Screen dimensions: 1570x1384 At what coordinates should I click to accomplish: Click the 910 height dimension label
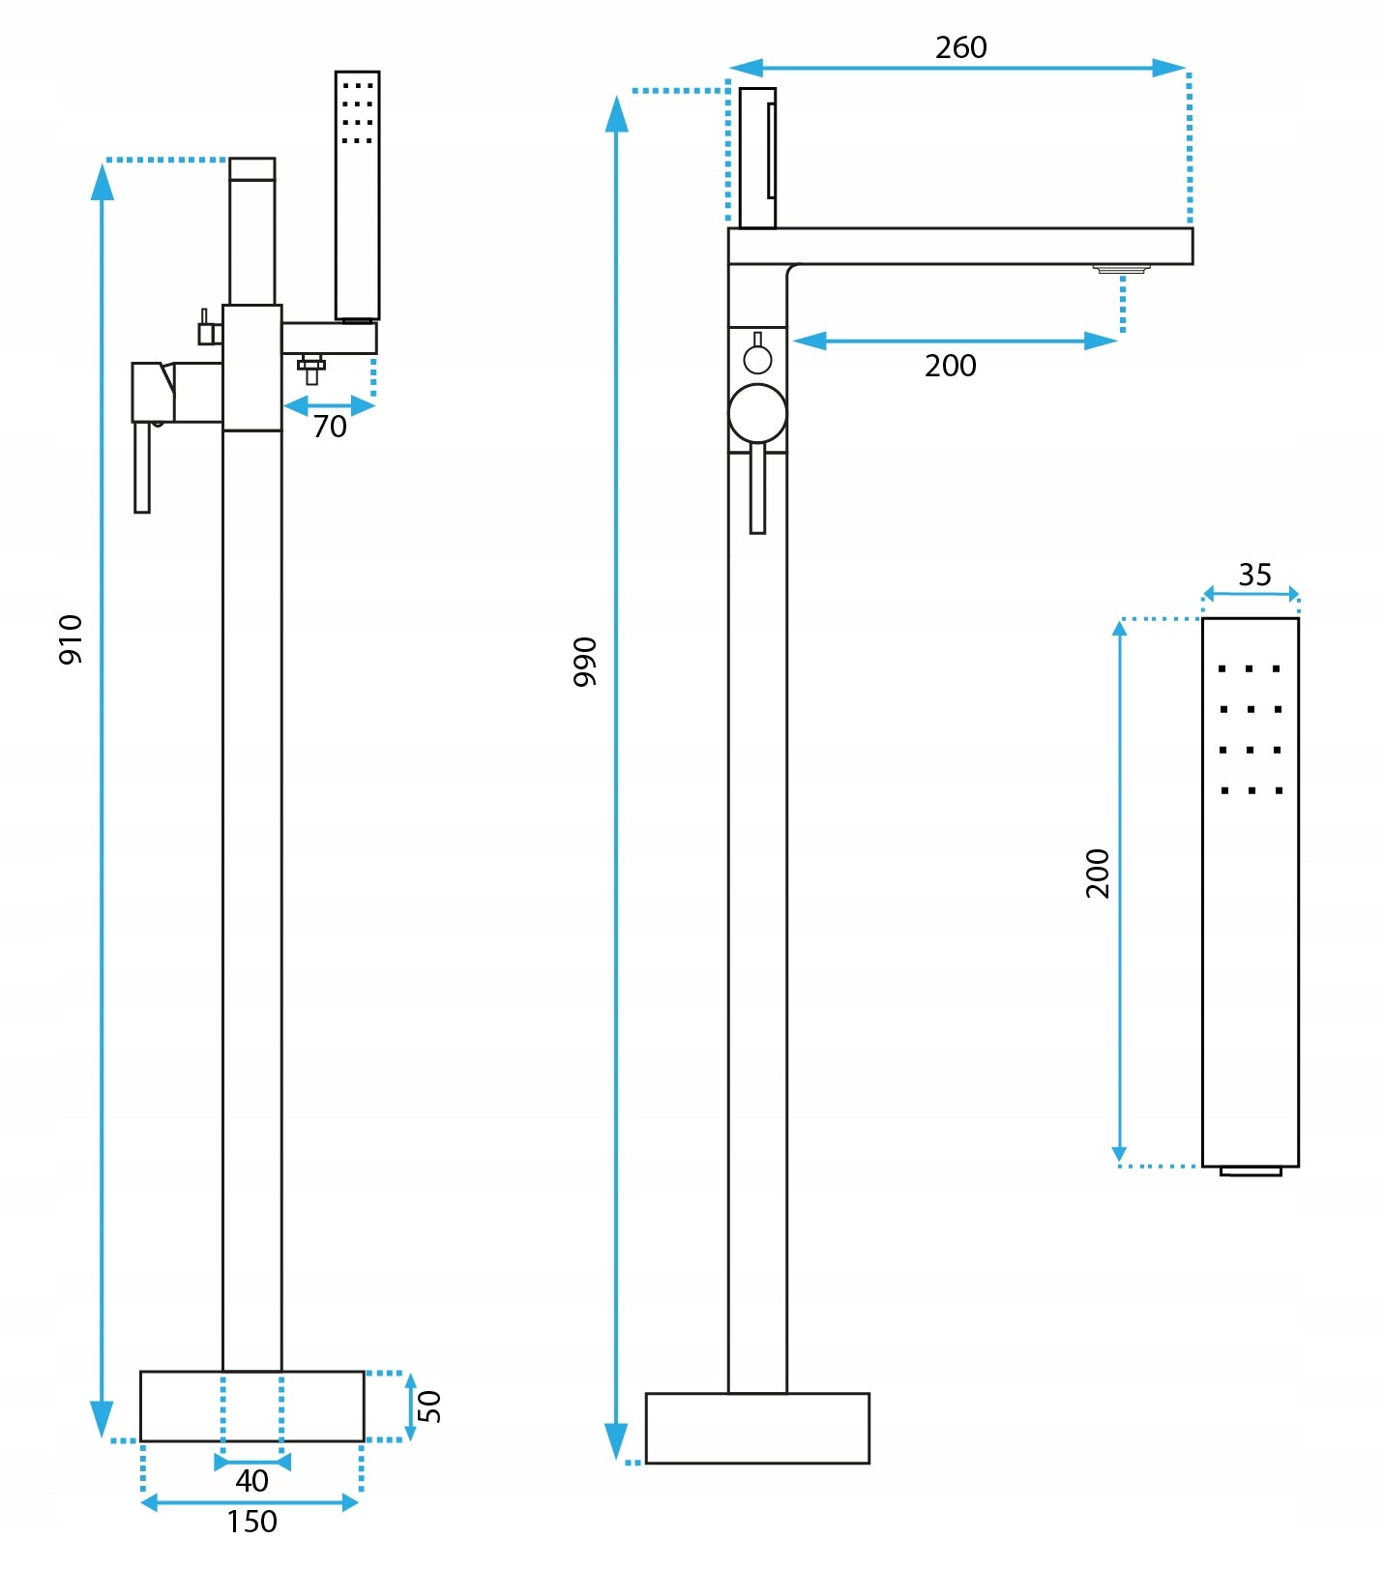[x=71, y=639]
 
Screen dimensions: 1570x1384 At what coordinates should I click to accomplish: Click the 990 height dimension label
[x=585, y=663]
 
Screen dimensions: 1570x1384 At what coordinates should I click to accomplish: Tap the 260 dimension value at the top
[x=960, y=47]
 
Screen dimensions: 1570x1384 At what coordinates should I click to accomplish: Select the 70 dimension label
[x=330, y=427]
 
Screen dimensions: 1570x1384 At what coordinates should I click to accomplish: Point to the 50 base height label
[x=429, y=1407]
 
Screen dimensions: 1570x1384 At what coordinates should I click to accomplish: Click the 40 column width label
[x=251, y=1481]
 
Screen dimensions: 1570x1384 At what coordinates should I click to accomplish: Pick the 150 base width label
[x=251, y=1523]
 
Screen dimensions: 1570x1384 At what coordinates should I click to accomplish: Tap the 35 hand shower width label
[x=1254, y=576]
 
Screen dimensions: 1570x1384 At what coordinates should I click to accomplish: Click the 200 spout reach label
[x=950, y=367]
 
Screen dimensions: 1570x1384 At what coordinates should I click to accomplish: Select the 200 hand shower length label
[x=1098, y=874]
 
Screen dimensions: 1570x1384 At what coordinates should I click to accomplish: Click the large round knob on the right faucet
[x=757, y=414]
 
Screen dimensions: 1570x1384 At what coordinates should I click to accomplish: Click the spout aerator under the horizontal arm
[x=1122, y=268]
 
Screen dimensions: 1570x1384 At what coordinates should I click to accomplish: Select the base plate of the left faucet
[x=251, y=1407]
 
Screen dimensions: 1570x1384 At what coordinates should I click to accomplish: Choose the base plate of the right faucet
[x=757, y=1428]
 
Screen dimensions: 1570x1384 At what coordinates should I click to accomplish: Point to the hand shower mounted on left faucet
[x=357, y=193]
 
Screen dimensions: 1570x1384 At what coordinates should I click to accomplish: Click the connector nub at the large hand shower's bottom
[x=1251, y=1171]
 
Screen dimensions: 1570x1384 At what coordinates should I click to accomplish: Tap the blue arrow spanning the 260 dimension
[x=957, y=69]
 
